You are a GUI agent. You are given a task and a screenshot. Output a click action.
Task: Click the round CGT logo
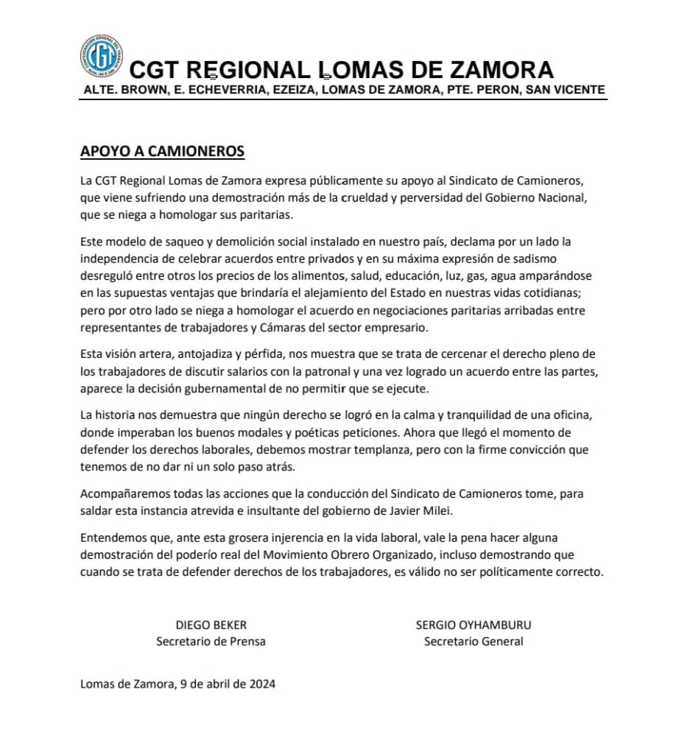(x=102, y=58)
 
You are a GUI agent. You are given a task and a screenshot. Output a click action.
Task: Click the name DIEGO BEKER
(x=211, y=625)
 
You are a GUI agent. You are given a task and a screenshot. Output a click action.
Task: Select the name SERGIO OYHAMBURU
(x=474, y=625)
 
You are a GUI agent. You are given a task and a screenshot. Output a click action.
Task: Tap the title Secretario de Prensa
(x=211, y=641)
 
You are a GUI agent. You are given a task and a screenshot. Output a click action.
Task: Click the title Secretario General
(x=474, y=641)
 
